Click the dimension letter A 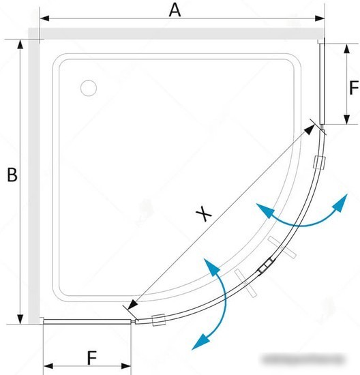click(x=175, y=11)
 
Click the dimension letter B click(x=12, y=175)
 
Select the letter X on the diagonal click(x=204, y=213)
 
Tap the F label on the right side click(x=354, y=88)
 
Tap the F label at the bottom click(x=92, y=357)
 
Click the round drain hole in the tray click(x=89, y=88)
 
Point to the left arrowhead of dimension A click(x=44, y=18)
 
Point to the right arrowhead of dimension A click(x=320, y=18)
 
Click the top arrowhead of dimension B click(x=20, y=45)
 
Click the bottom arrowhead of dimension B click(x=20, y=319)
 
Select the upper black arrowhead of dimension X click(x=310, y=130)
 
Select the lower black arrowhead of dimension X click(x=133, y=305)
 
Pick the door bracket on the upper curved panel click(x=320, y=162)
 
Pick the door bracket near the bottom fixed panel click(x=159, y=320)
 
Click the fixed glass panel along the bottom click(x=87, y=322)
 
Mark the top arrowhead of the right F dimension click(x=346, y=49)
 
